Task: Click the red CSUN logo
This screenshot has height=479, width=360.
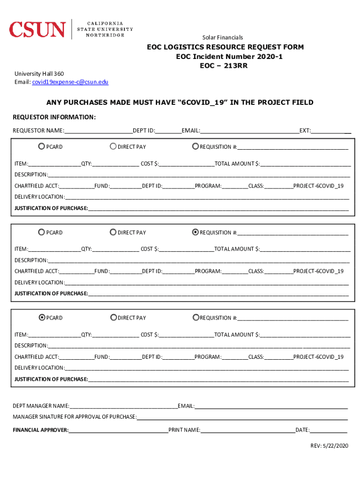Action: point(37,29)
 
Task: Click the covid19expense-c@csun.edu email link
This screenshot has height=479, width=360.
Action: point(70,82)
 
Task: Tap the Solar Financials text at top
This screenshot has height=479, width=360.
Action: point(223,37)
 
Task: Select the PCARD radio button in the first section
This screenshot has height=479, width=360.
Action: point(42,146)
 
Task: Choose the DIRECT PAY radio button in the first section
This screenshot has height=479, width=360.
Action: point(113,146)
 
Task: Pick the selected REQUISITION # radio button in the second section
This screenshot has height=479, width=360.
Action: point(195,232)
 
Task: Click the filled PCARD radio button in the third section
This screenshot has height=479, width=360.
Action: point(42,318)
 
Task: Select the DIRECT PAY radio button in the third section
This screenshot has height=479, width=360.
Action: point(113,318)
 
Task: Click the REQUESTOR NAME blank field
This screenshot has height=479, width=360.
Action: point(99,131)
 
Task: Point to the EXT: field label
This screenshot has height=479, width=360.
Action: point(305,131)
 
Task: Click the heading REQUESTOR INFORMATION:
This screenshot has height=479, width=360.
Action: point(54,117)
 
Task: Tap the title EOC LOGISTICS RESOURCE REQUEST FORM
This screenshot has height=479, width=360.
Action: point(225,47)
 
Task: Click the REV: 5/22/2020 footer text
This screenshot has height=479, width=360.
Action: point(329,445)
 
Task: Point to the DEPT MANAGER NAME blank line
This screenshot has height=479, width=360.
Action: point(123,406)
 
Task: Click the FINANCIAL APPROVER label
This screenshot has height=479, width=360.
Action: point(41,430)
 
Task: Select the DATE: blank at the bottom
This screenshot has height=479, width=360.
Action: point(329,430)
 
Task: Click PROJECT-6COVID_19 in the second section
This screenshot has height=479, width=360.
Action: point(318,271)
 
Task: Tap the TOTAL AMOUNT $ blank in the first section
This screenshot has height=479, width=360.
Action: point(306,164)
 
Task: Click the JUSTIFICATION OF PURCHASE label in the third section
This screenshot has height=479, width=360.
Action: point(51,379)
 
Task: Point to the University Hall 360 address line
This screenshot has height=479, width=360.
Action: point(39,74)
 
